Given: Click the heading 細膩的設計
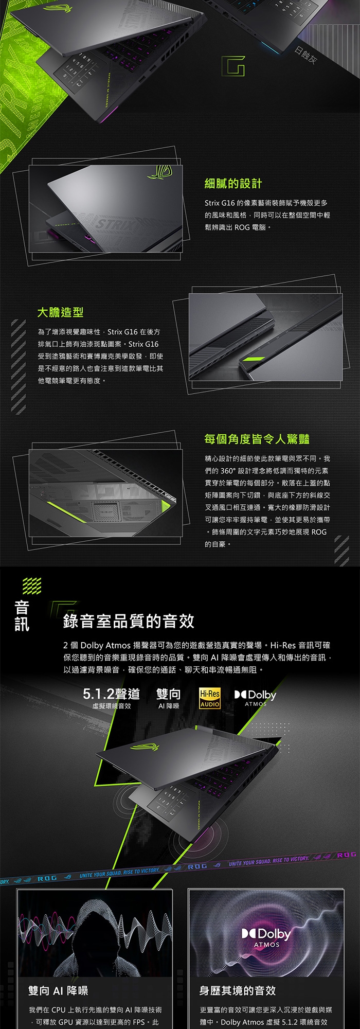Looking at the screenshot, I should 233,184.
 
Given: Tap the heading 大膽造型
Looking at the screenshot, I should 60,312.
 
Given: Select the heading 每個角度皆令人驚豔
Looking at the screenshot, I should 257,439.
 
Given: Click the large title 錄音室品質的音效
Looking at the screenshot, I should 129,621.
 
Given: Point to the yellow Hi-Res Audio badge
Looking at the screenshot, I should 210,699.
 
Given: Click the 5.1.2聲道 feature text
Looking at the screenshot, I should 111,694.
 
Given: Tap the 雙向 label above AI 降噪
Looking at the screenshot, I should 168,694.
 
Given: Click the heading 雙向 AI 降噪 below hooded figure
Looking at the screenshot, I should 58,990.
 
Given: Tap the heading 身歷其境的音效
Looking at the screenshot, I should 237,990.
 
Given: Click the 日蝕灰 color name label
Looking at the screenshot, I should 305,57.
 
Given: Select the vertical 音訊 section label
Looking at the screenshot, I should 22,615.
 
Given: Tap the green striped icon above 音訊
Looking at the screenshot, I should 31,585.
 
